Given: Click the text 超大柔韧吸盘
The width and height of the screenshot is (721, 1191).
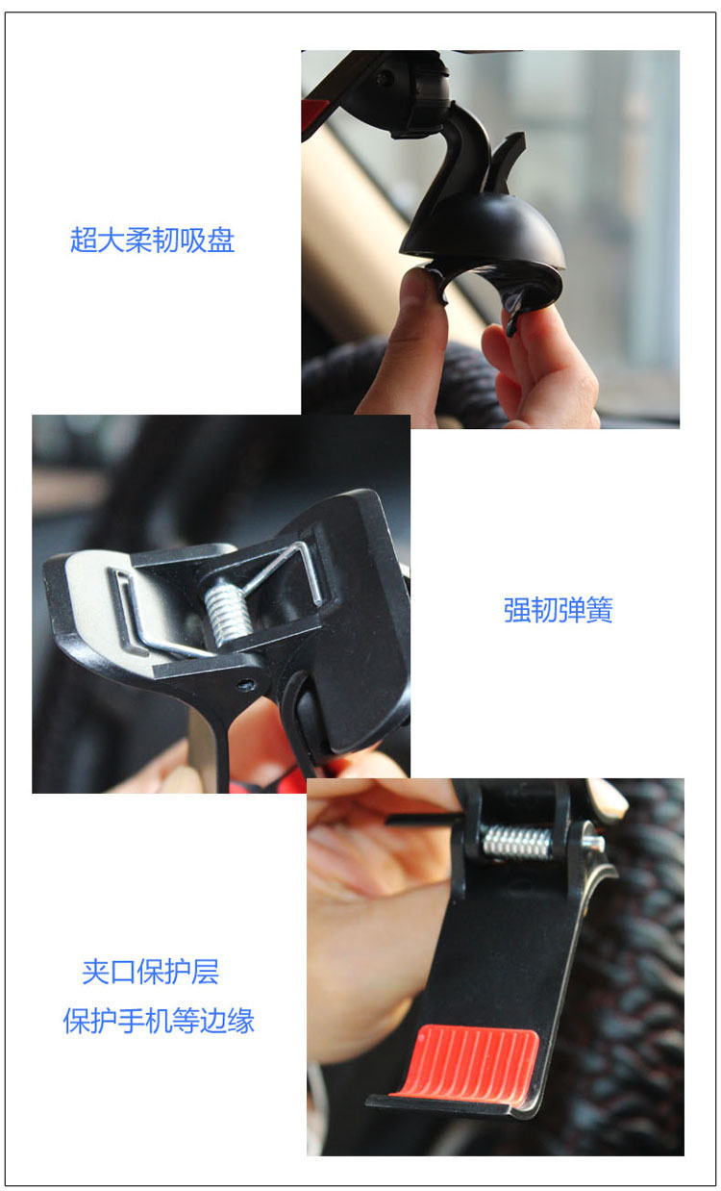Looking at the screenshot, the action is (153, 241).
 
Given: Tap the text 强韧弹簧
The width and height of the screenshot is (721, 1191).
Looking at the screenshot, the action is (558, 610).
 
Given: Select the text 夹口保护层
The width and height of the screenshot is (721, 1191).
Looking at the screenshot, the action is (150, 972).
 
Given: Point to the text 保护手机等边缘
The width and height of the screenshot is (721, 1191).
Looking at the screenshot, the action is (159, 1021).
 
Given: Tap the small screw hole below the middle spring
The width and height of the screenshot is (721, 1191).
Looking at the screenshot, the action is (244, 684).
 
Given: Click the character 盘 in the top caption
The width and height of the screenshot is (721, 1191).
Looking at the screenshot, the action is (221, 241).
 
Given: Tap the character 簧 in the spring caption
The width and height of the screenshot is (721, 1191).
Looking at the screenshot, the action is (599, 610).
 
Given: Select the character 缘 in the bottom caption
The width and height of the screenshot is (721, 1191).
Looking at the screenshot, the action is (241, 1021).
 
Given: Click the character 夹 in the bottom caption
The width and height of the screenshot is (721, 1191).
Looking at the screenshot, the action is (95, 972).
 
